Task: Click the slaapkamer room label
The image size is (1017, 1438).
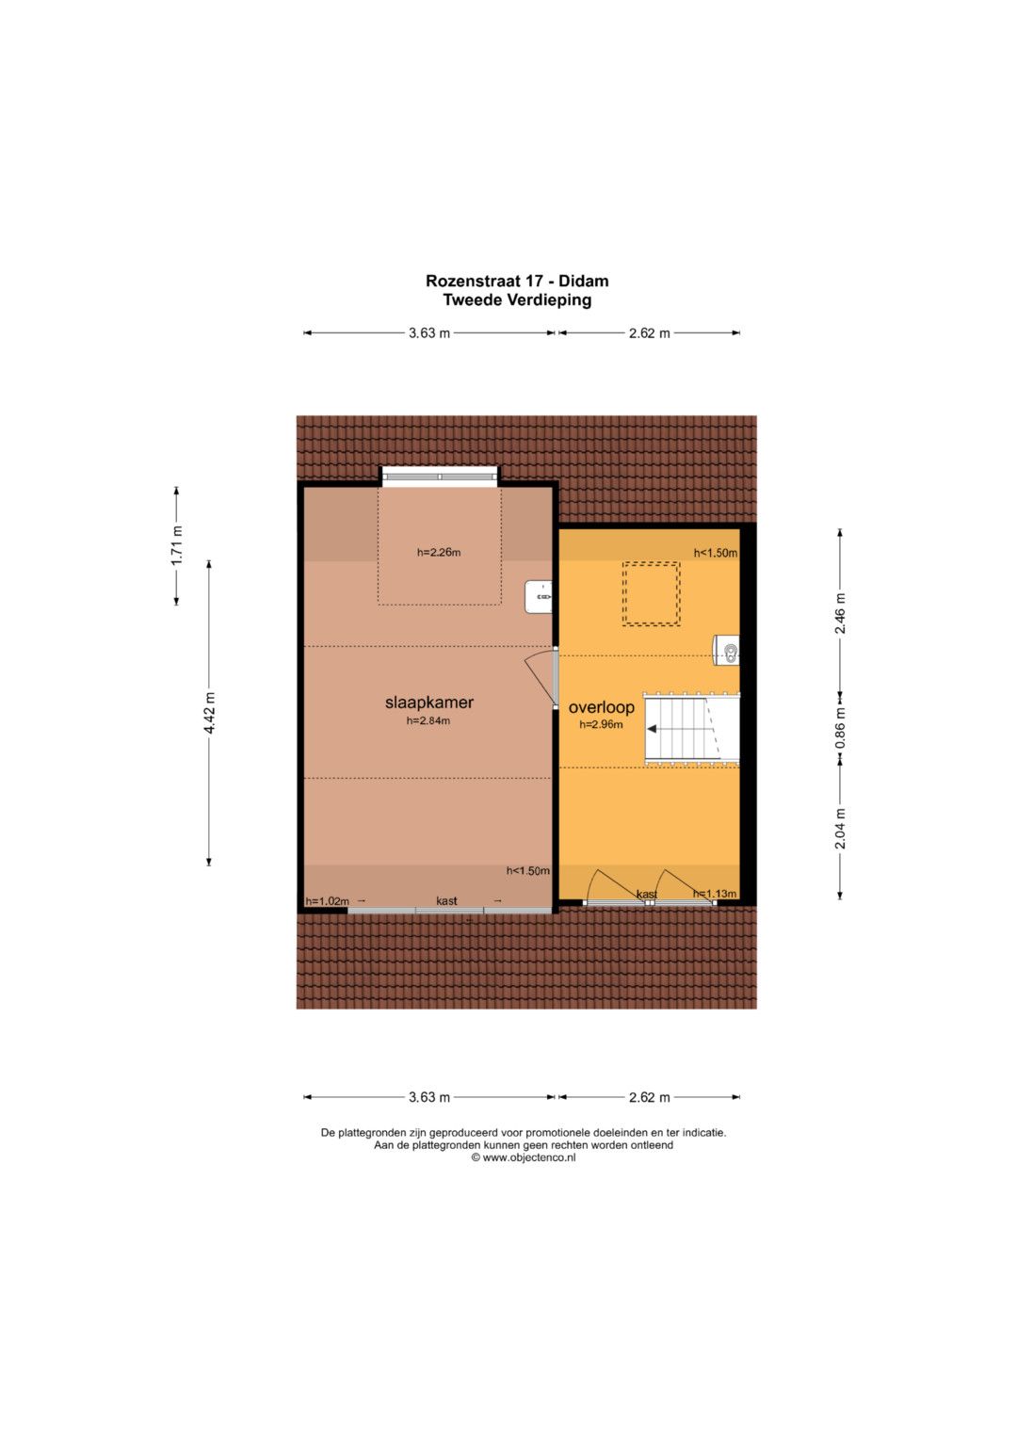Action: pos(428,703)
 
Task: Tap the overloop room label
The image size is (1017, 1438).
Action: pos(601,707)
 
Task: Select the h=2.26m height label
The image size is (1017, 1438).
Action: pos(439,552)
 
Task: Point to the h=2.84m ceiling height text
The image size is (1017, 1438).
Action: pos(428,721)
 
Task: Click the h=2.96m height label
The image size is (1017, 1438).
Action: pos(601,725)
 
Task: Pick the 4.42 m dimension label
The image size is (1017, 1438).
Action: pos(210,713)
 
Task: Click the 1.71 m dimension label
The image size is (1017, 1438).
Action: pos(177,545)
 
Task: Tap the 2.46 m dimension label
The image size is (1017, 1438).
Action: pos(840,613)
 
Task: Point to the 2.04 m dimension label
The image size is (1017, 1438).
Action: pos(840,829)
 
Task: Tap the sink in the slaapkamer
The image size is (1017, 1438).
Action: pos(538,597)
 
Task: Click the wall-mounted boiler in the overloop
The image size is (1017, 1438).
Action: pos(726,650)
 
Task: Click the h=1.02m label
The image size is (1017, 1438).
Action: pos(327,900)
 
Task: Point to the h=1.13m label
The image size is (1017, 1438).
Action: pos(715,893)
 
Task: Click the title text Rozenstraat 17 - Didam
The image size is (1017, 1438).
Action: pos(517,282)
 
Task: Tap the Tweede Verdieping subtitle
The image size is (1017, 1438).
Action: pos(517,299)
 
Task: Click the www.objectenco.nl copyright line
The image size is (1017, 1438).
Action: pos(524,1157)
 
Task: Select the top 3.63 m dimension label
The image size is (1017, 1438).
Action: pos(429,333)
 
